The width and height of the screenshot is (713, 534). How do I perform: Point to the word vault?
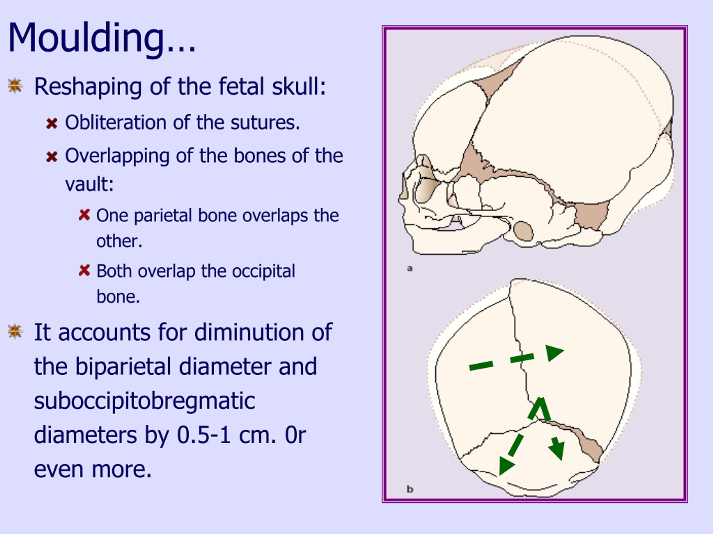point(89,184)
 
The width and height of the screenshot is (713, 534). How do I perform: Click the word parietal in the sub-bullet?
point(163,216)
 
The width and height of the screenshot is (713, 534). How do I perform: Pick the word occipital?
point(263,271)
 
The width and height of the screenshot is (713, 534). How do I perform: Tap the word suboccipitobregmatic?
point(144,401)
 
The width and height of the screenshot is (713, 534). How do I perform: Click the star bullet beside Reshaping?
point(15,86)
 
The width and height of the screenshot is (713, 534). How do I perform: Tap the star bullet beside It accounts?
point(15,332)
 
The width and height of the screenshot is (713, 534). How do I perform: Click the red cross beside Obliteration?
point(52,123)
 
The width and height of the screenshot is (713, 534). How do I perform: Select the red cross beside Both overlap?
point(84,271)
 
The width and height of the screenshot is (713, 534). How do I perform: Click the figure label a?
point(410,268)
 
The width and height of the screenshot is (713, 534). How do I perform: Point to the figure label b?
point(410,489)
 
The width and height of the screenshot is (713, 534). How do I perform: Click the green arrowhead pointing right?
point(553,352)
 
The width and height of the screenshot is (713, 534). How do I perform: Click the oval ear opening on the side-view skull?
point(523,231)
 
